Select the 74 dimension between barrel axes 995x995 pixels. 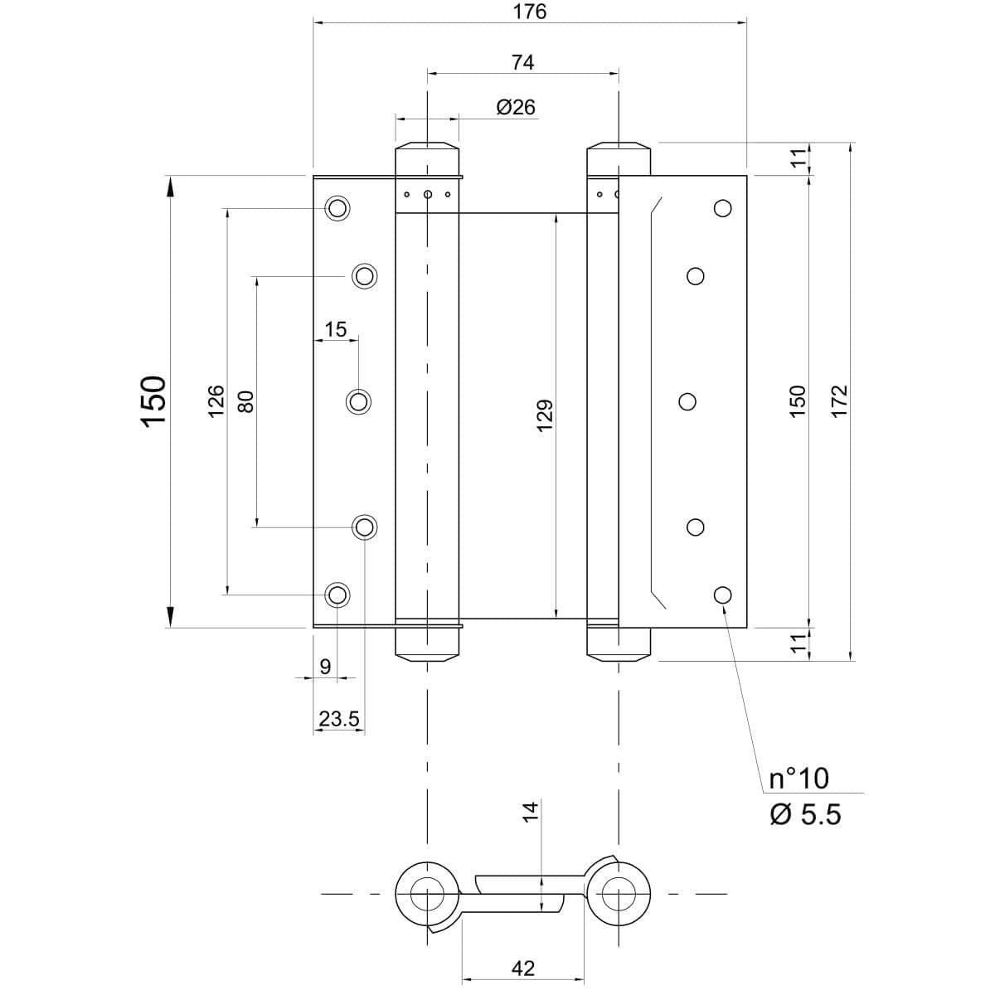(x=522, y=61)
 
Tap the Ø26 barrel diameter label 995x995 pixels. (x=516, y=107)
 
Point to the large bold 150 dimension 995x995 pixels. (x=154, y=401)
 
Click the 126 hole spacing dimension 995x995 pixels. (x=216, y=401)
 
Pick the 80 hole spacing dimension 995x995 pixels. (x=245, y=401)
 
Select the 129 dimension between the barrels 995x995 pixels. (x=545, y=415)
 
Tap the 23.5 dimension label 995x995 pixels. (x=338, y=719)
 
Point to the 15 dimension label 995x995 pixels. (x=335, y=329)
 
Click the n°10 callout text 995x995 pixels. (x=798, y=778)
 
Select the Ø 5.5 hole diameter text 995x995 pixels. (x=804, y=814)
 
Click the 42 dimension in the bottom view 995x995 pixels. (x=523, y=968)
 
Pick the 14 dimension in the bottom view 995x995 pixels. (x=531, y=810)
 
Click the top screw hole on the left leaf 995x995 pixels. (x=337, y=207)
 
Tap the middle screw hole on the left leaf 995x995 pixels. (x=358, y=401)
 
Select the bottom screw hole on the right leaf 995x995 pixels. (x=722, y=594)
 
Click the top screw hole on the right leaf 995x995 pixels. (x=722, y=207)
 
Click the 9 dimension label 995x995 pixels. (x=325, y=666)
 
